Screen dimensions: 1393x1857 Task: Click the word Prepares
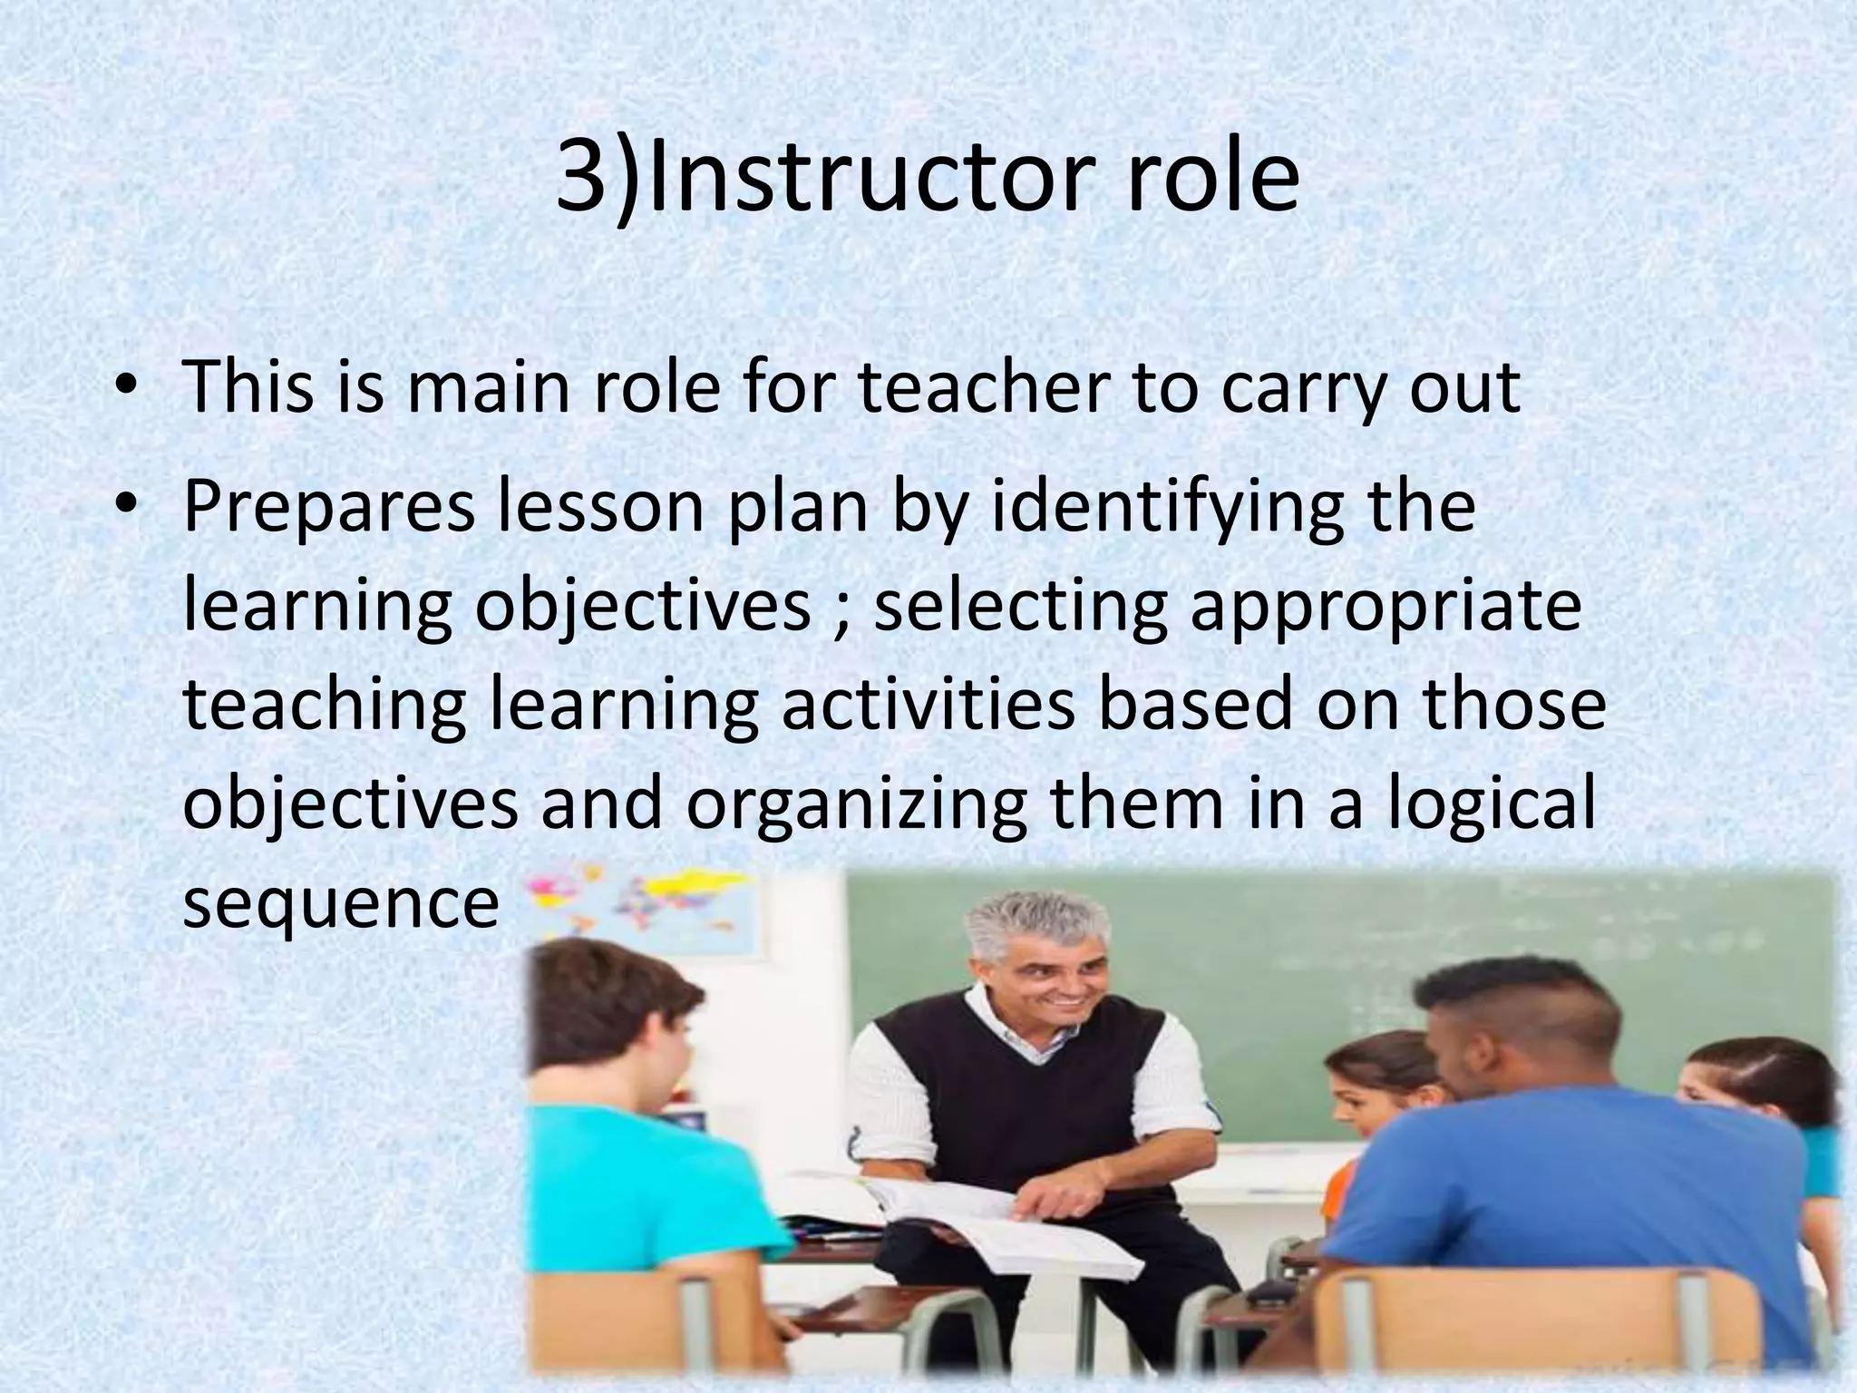pos(329,508)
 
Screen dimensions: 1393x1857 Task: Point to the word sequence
pos(340,905)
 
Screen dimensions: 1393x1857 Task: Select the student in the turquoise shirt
pos(626,1134)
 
